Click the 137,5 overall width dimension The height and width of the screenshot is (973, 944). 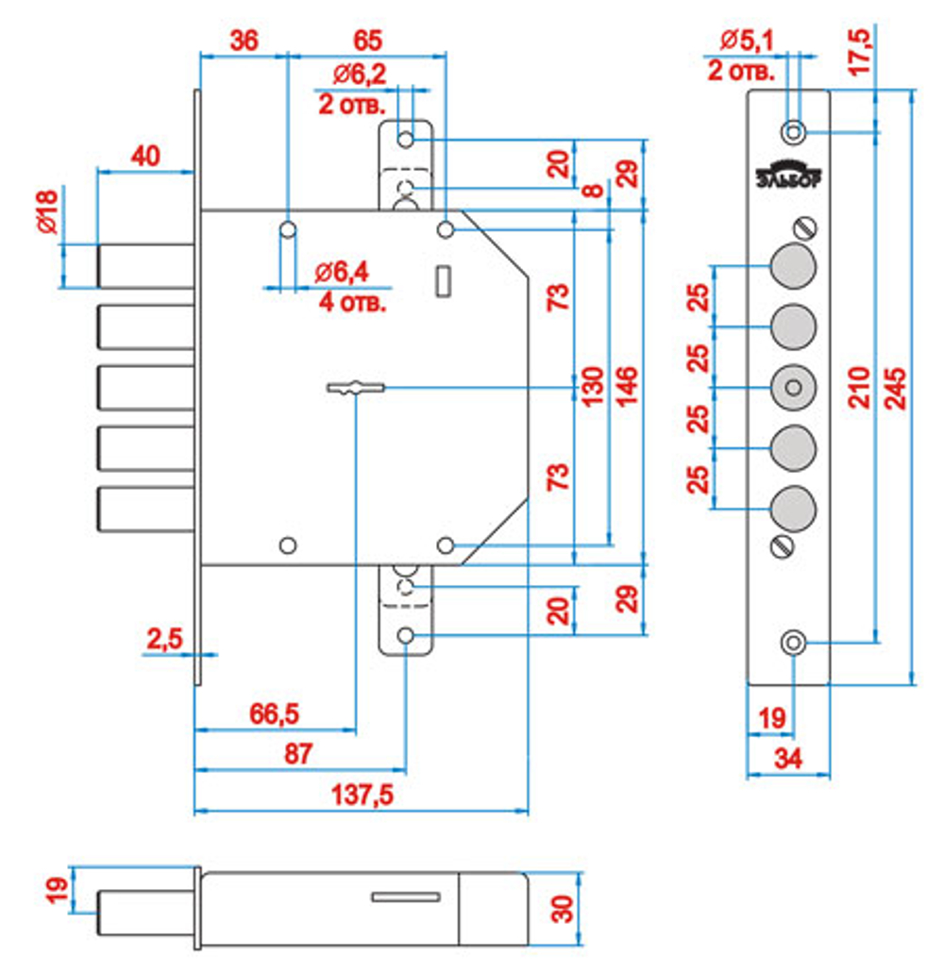(362, 795)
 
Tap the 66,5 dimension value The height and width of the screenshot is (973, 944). (274, 714)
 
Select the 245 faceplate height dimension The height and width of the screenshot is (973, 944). (895, 389)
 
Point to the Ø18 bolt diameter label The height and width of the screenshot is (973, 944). (47, 212)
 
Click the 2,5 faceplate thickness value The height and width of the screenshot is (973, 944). (165, 639)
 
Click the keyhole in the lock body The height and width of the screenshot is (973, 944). (356, 388)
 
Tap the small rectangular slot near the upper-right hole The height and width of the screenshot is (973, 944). (443, 281)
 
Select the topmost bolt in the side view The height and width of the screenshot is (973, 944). (146, 266)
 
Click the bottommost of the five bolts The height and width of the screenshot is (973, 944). (146, 510)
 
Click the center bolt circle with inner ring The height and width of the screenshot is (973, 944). (793, 388)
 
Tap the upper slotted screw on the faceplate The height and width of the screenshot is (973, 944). (805, 227)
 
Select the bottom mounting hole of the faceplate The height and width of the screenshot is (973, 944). (793, 643)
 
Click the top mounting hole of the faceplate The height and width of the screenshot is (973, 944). (793, 132)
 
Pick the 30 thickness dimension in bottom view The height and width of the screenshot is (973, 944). (563, 909)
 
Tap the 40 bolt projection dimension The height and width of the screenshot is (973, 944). (145, 156)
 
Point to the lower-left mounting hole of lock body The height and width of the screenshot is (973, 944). (287, 545)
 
